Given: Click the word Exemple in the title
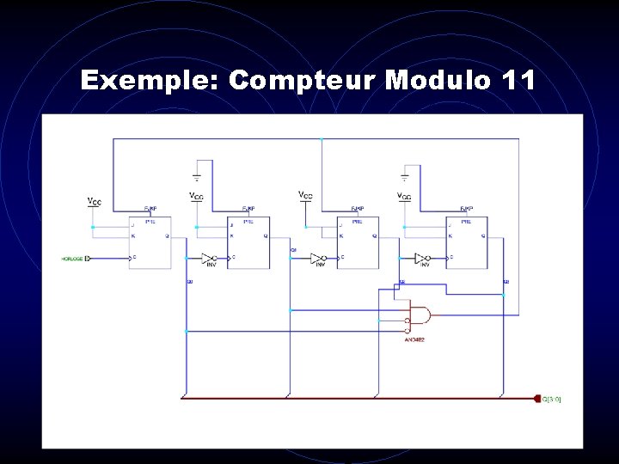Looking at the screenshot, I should click(x=150, y=81).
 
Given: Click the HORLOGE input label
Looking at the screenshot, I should click(x=72, y=258).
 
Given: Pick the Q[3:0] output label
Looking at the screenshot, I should click(x=552, y=399).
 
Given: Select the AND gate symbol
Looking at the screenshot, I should click(x=421, y=316).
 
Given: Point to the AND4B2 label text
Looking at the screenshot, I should click(x=414, y=339).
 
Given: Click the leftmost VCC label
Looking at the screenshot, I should click(x=95, y=202).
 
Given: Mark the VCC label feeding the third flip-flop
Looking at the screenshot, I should click(x=305, y=196).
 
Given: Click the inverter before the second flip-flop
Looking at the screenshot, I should click(x=208, y=258).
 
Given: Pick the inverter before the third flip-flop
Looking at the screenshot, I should click(x=317, y=258).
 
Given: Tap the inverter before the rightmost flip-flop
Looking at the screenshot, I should click(x=422, y=258).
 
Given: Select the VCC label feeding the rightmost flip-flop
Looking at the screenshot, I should click(x=404, y=198).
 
